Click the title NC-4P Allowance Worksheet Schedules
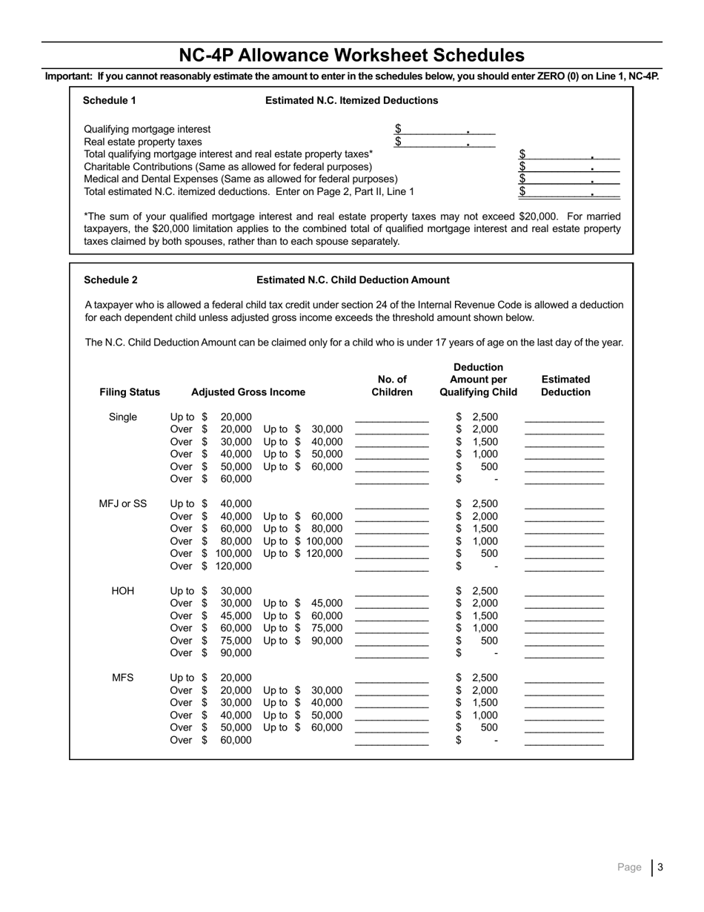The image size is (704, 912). click(x=351, y=56)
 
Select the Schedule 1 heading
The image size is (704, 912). click(x=109, y=100)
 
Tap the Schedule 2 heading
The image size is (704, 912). click(x=110, y=280)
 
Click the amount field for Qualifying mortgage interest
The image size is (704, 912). click(x=445, y=129)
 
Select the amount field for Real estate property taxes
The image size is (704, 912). click(x=445, y=142)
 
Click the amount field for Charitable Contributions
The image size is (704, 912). click(x=569, y=167)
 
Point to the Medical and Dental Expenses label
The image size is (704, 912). click(x=240, y=179)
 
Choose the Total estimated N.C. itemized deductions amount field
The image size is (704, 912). click(x=569, y=191)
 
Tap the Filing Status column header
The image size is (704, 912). click(x=130, y=391)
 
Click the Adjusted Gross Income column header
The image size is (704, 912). click(x=248, y=391)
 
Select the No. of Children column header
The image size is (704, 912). click(x=392, y=386)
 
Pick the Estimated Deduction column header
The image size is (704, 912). click(x=565, y=386)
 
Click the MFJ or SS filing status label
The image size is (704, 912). click(x=123, y=503)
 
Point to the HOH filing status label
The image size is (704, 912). click(x=123, y=591)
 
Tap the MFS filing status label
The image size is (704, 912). click(x=123, y=677)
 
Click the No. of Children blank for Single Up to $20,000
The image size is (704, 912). click(x=392, y=417)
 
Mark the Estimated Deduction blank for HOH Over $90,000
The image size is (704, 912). click(x=564, y=653)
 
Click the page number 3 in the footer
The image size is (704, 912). click(x=660, y=867)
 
